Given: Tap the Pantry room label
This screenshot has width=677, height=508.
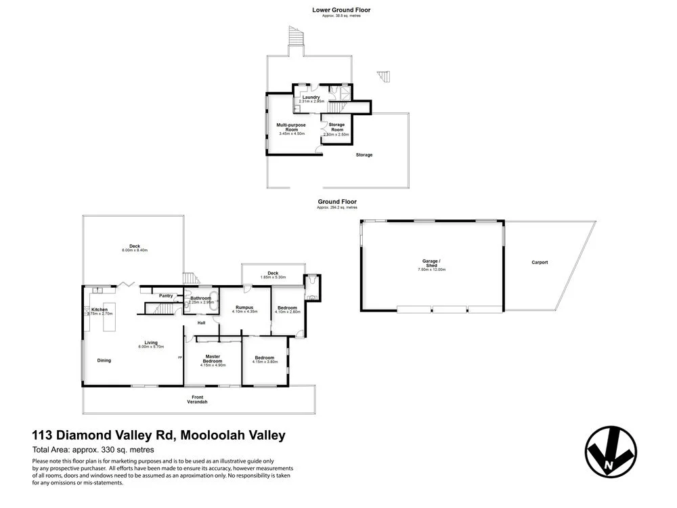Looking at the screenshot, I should click(x=165, y=295).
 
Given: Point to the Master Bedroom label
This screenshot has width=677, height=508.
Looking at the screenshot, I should click(x=213, y=359).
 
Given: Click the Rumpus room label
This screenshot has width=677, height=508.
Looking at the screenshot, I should click(x=244, y=307).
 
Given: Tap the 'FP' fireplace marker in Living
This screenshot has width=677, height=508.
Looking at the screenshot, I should click(x=180, y=357).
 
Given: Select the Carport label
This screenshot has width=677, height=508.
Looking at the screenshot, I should click(x=540, y=262).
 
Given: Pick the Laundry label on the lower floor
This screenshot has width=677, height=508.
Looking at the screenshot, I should click(x=311, y=97).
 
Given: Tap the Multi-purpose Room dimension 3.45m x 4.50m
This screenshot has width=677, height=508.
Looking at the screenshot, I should click(x=292, y=133).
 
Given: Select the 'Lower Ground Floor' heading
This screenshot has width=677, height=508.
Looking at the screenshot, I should click(x=341, y=10).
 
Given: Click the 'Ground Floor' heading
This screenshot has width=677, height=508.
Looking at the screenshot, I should click(x=337, y=202).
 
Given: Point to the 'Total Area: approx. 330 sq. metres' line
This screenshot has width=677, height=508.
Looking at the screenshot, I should click(x=93, y=450).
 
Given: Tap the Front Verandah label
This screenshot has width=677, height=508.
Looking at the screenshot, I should click(x=197, y=399).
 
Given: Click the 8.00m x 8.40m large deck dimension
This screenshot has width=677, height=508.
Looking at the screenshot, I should click(x=134, y=251).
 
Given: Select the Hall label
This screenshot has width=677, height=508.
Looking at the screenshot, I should click(x=201, y=323).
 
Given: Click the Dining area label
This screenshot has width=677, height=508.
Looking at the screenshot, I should click(x=104, y=360).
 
